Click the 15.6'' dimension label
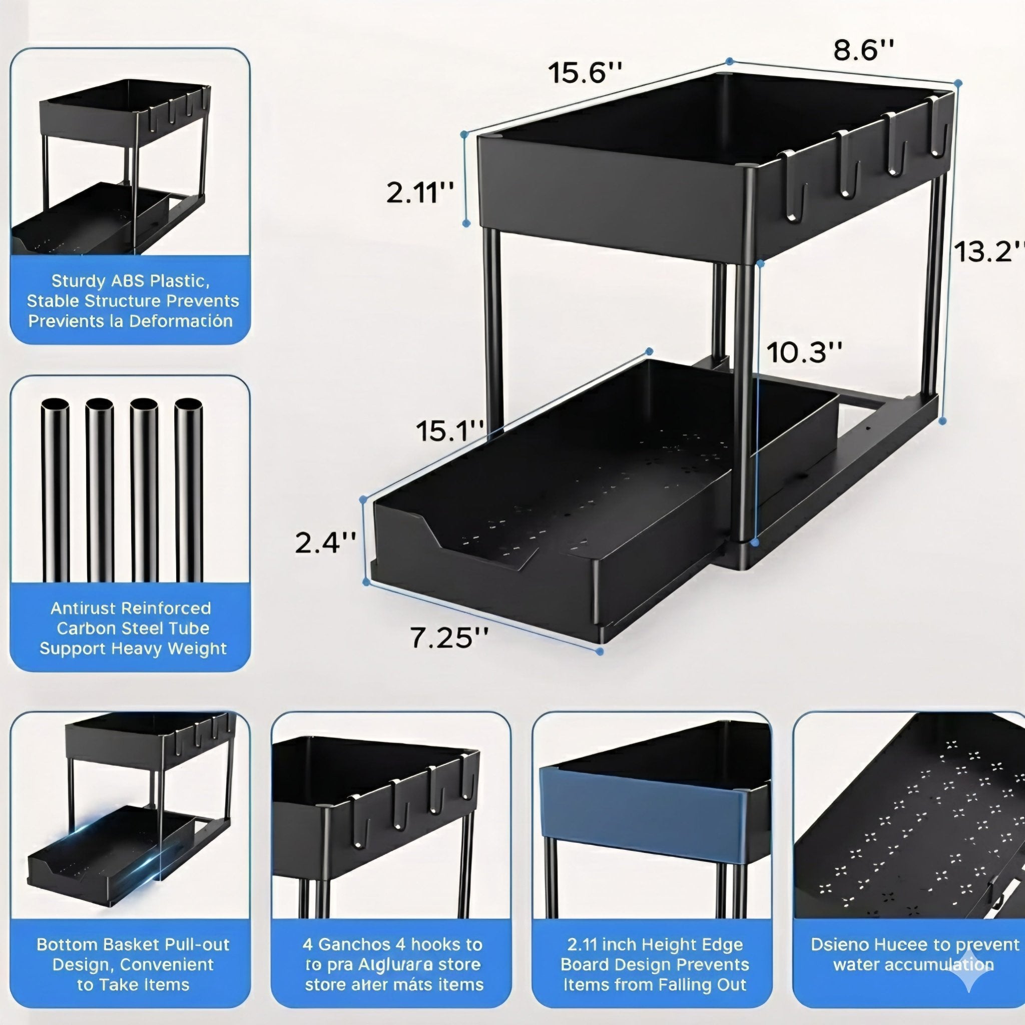pyautogui.click(x=584, y=73)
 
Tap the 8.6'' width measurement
pyautogui.click(x=863, y=51)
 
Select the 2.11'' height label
pyautogui.click(x=419, y=193)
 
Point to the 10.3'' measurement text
pyautogui.click(x=804, y=352)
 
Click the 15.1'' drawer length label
pyautogui.click(x=449, y=431)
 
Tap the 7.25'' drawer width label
pyautogui.click(x=449, y=638)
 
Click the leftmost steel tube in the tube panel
pyautogui.click(x=55, y=491)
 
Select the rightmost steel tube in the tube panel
pyautogui.click(x=188, y=491)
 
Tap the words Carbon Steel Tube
pyautogui.click(x=133, y=628)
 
